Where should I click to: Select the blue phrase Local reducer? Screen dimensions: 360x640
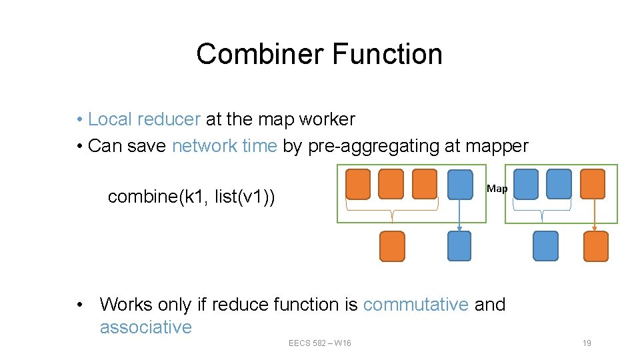[144, 119]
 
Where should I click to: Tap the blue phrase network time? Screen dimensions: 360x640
[224, 145]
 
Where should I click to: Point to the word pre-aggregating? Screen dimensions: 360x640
[373, 145]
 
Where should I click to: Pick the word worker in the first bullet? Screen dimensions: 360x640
[327, 119]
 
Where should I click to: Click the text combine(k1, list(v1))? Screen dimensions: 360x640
[192, 197]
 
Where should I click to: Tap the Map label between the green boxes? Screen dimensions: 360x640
[497, 189]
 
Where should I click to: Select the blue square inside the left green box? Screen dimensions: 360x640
[460, 184]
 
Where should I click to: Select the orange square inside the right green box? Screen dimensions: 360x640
[593, 184]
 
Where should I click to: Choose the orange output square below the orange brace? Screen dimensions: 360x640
[392, 245]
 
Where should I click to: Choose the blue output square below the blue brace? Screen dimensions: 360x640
[545, 245]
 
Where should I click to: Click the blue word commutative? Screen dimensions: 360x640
[416, 305]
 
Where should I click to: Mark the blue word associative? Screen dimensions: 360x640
[145, 327]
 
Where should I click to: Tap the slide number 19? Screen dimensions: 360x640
[587, 343]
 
